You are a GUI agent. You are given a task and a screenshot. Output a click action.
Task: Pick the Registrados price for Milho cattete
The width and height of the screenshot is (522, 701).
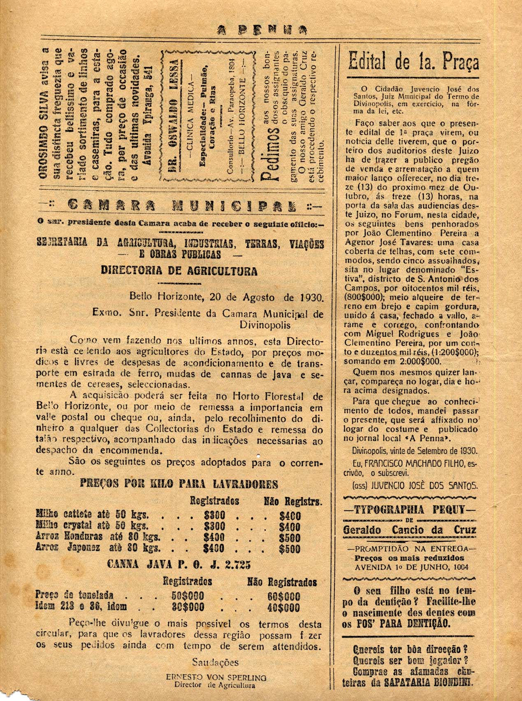click(x=214, y=516)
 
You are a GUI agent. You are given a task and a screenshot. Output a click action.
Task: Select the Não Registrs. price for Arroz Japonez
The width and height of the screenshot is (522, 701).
click(x=290, y=549)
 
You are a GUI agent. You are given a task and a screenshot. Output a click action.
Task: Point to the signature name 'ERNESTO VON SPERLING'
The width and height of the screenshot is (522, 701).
click(x=216, y=677)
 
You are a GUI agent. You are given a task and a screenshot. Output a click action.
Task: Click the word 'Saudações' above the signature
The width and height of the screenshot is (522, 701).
click(x=215, y=663)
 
